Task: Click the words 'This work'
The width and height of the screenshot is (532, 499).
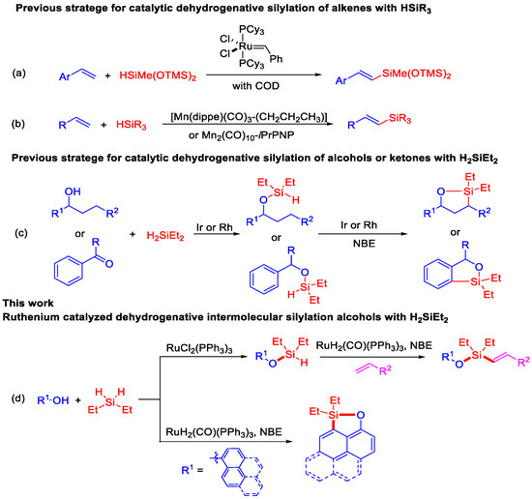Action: tap(27, 329)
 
